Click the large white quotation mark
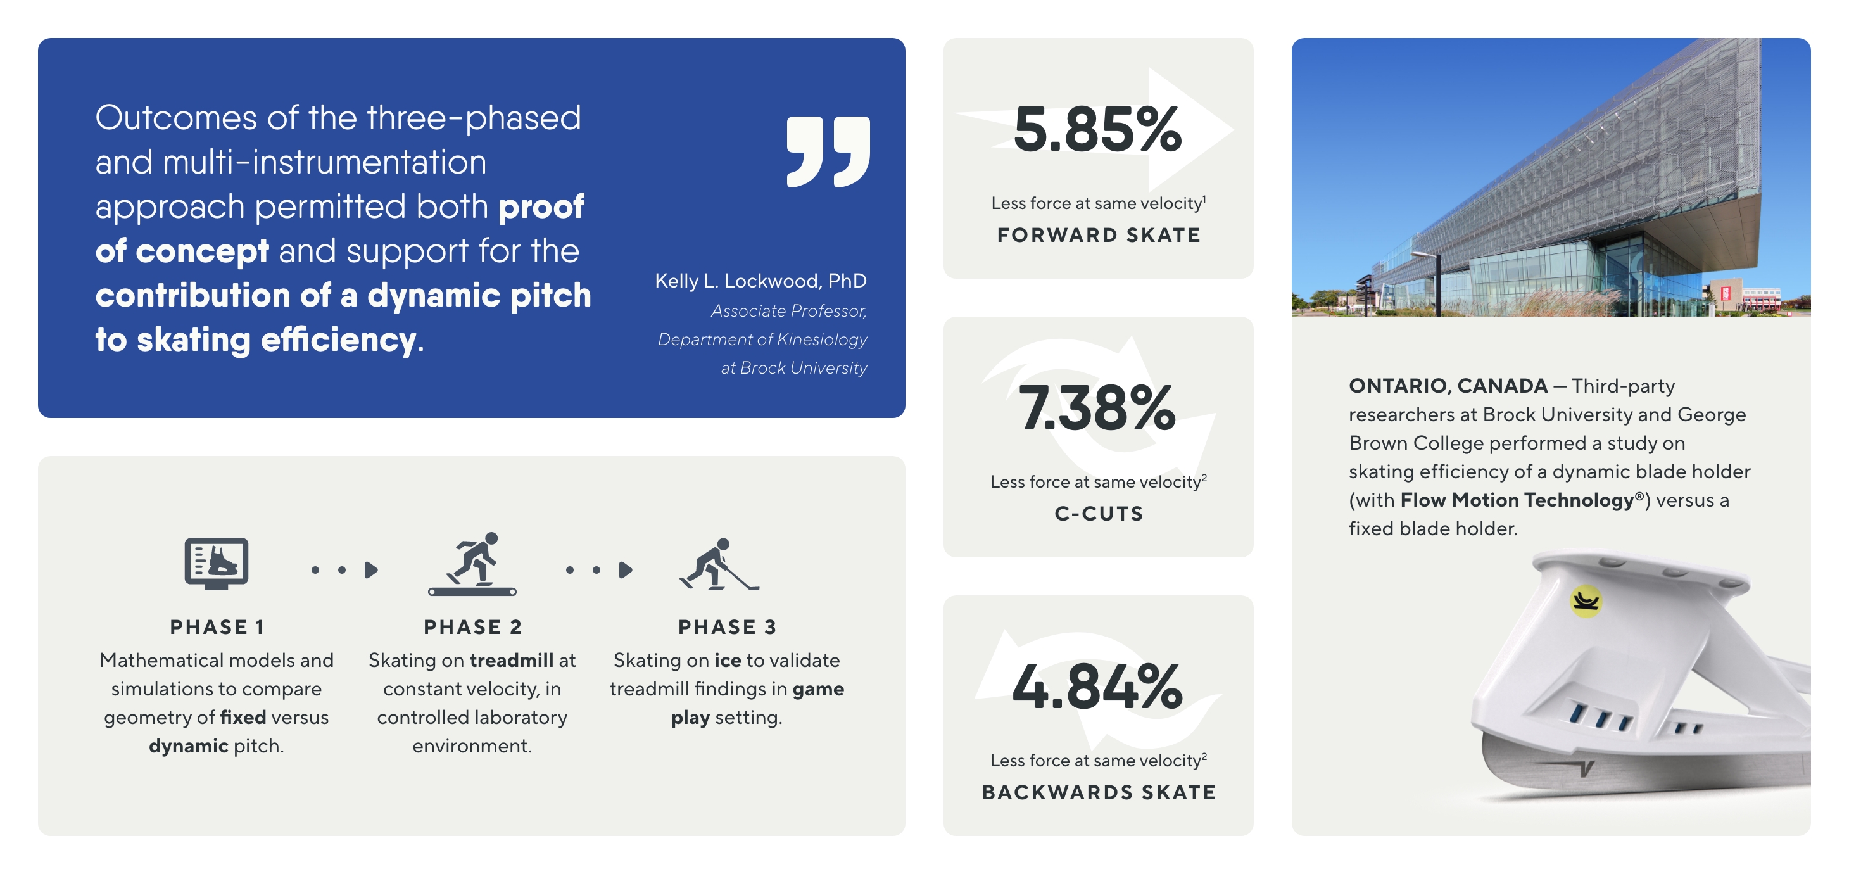pos(828,151)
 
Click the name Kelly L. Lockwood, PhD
pos(760,281)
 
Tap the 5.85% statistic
pos(1097,129)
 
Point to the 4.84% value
pos(1097,686)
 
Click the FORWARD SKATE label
pos(1098,235)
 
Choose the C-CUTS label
pos(1098,514)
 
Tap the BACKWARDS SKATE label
pos(1098,792)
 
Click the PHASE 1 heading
pos(217,627)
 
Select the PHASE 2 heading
pos(472,627)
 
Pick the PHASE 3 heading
pos(727,627)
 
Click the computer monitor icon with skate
pos(217,564)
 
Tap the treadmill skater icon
pos(472,564)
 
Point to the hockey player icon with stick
pos(719,564)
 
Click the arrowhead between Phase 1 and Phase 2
pos(371,570)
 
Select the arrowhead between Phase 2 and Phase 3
pos(626,570)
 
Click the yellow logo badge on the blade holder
pos(1586,601)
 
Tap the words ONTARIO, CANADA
pos(1448,386)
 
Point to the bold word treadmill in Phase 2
pos(511,660)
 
